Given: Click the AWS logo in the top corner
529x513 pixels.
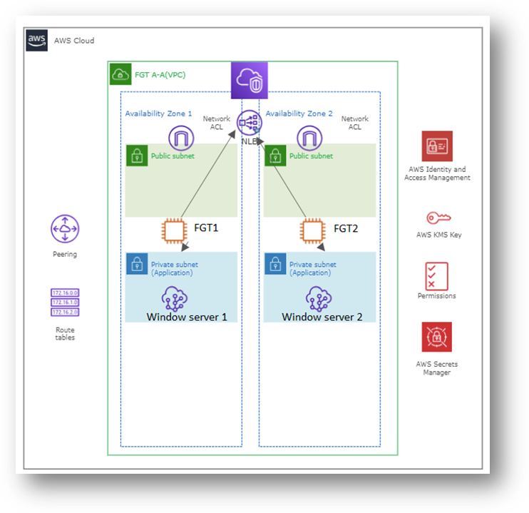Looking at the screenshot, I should click(x=37, y=40).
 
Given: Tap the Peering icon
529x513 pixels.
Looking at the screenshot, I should click(x=65, y=229).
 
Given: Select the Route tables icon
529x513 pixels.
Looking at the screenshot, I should click(x=65, y=303).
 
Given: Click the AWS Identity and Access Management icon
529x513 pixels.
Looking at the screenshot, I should click(x=437, y=146).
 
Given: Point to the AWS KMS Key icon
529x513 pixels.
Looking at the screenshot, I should click(x=438, y=218).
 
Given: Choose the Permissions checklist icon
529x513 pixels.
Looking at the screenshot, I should click(x=436, y=275).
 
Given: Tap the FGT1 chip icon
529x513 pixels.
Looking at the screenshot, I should click(x=174, y=230).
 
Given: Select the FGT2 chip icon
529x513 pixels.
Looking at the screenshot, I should click(x=311, y=230).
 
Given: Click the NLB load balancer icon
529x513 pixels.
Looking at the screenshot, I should click(x=250, y=123).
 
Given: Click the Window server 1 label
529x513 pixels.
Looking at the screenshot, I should click(x=187, y=317).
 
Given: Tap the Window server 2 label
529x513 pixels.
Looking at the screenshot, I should click(x=322, y=317).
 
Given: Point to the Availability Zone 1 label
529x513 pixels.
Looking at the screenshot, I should click(x=158, y=114).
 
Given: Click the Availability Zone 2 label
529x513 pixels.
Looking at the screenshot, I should click(x=299, y=114).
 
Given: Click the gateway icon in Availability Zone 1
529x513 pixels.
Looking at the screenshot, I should click(x=182, y=138).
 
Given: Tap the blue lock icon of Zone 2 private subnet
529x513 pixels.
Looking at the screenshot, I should click(x=276, y=264).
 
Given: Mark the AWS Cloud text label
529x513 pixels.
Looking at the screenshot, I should click(x=74, y=41).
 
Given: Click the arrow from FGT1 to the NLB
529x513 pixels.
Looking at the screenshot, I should click(x=208, y=175).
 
